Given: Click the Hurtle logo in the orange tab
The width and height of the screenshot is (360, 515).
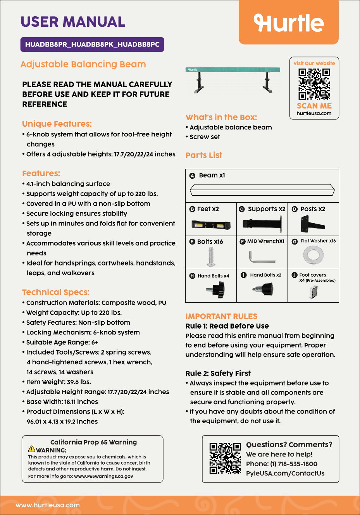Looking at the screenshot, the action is click(x=289, y=22).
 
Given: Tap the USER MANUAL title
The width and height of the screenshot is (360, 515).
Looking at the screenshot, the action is click(x=73, y=22).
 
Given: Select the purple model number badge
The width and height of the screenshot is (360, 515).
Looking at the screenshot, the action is click(x=92, y=45).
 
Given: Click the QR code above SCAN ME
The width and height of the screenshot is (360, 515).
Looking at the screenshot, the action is click(x=314, y=84).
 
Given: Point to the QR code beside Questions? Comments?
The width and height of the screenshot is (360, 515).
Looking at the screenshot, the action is click(x=225, y=459).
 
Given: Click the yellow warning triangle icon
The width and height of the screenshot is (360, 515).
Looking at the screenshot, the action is click(x=31, y=449).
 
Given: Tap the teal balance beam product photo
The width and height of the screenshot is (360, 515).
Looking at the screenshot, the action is click(x=233, y=79).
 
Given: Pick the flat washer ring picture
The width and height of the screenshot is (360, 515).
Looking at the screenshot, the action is click(x=313, y=255).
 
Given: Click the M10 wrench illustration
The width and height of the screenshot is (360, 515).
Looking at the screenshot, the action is click(x=262, y=257).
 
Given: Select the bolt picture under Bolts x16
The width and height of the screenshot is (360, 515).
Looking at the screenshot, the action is click(x=211, y=257).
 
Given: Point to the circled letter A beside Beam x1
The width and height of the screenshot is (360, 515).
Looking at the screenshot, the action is click(x=192, y=176).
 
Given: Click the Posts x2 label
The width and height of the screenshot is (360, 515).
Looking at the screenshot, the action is click(x=313, y=209).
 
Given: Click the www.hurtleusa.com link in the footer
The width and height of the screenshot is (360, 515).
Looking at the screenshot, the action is click(x=48, y=505).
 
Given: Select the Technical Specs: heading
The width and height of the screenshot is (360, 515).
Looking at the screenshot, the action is click(x=56, y=292).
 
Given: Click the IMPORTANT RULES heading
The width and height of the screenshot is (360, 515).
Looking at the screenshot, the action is click(x=221, y=316).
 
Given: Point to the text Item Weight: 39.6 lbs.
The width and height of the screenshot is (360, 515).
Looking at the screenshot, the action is click(x=59, y=382).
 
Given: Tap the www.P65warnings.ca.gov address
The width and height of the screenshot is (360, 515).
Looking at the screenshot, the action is click(x=103, y=476).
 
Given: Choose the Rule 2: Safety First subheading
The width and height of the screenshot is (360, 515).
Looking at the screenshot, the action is click(x=218, y=374).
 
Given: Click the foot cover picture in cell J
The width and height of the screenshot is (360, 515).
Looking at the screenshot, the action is click(x=313, y=292).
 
